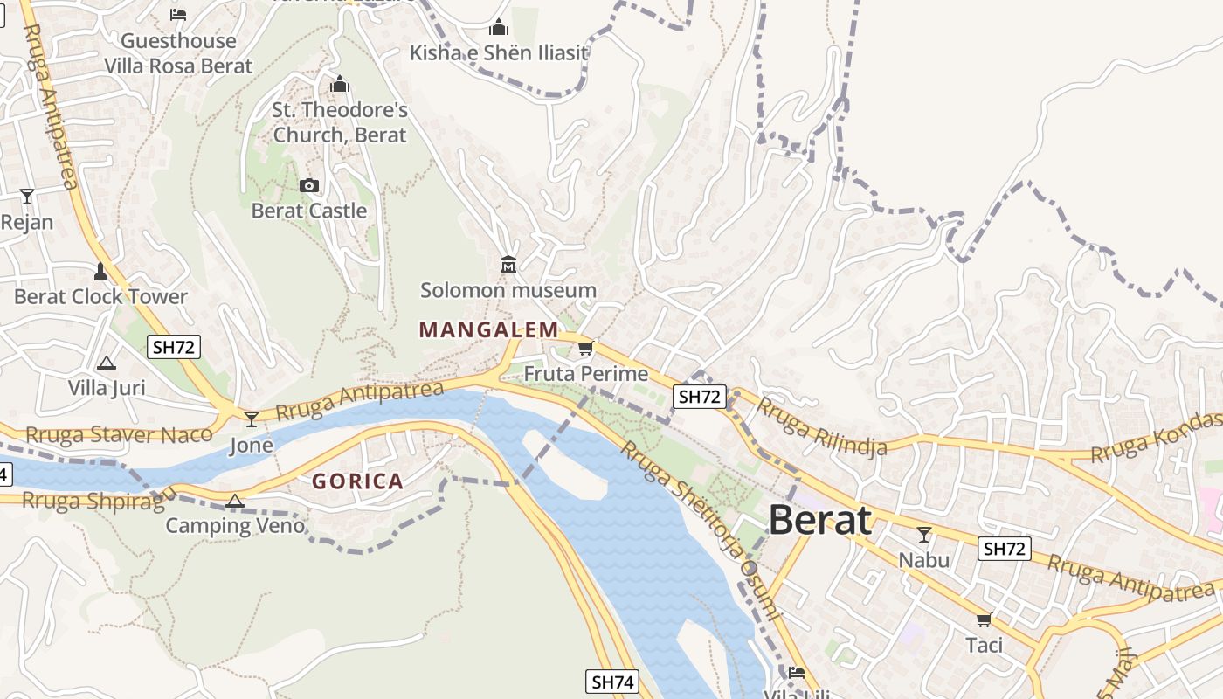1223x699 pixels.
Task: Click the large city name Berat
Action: (819, 521)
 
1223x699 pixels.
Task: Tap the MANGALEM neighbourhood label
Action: (488, 329)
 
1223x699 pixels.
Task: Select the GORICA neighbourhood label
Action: (358, 481)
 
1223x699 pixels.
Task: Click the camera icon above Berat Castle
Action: (309, 185)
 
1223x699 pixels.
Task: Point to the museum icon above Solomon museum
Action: (508, 264)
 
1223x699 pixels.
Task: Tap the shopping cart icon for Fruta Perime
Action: (585, 349)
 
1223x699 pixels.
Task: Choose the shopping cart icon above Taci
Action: (984, 620)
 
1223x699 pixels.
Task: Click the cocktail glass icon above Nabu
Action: (923, 534)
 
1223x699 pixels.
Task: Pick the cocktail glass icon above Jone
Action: (252, 419)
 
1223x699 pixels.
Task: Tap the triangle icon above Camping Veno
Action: (234, 501)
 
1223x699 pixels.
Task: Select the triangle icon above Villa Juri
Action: (107, 363)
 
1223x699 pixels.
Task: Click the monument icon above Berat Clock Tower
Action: (100, 272)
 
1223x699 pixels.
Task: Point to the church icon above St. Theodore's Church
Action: (340, 85)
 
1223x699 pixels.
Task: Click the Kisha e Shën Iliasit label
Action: (499, 52)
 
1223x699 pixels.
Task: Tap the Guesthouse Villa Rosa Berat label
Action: (178, 53)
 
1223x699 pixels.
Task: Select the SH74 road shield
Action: (611, 682)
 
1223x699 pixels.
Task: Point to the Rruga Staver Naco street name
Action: (119, 434)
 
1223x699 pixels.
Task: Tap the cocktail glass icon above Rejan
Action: (27, 196)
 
